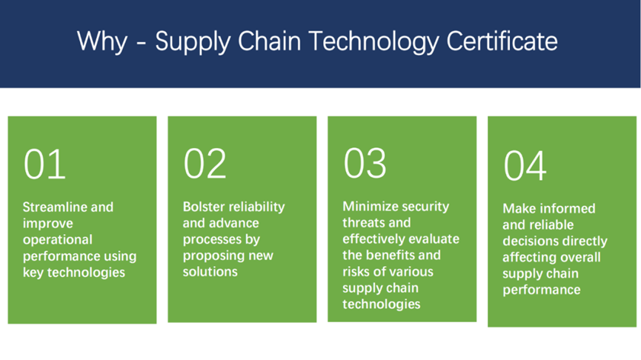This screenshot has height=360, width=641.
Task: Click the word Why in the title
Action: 102,41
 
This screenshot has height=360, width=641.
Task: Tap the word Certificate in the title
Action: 502,41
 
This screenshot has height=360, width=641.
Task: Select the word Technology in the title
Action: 373,42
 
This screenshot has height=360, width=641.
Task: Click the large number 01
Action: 44,164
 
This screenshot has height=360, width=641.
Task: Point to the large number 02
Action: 205,164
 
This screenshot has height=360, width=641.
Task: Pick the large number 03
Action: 365,164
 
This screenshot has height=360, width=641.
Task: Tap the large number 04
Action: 525,165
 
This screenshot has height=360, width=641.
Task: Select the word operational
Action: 58,240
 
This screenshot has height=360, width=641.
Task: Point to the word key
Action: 33,273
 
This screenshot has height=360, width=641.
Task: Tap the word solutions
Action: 210,272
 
